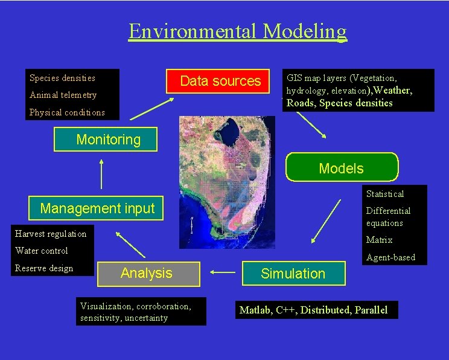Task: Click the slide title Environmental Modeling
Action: tap(237, 31)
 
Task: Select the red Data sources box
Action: tap(220, 81)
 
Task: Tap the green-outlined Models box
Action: tap(342, 167)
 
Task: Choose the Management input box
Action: tap(97, 208)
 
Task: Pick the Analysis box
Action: tap(147, 273)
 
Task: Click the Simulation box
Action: tap(293, 274)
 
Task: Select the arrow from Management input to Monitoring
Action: tap(101, 175)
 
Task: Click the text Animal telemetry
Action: tap(63, 95)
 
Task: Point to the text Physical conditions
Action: tap(67, 112)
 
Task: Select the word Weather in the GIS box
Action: tap(393, 91)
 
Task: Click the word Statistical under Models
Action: tap(385, 194)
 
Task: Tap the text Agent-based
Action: tap(390, 257)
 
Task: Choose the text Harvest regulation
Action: tap(51, 234)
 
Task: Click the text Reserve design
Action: tap(44, 268)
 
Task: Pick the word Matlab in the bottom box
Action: tap(255, 310)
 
